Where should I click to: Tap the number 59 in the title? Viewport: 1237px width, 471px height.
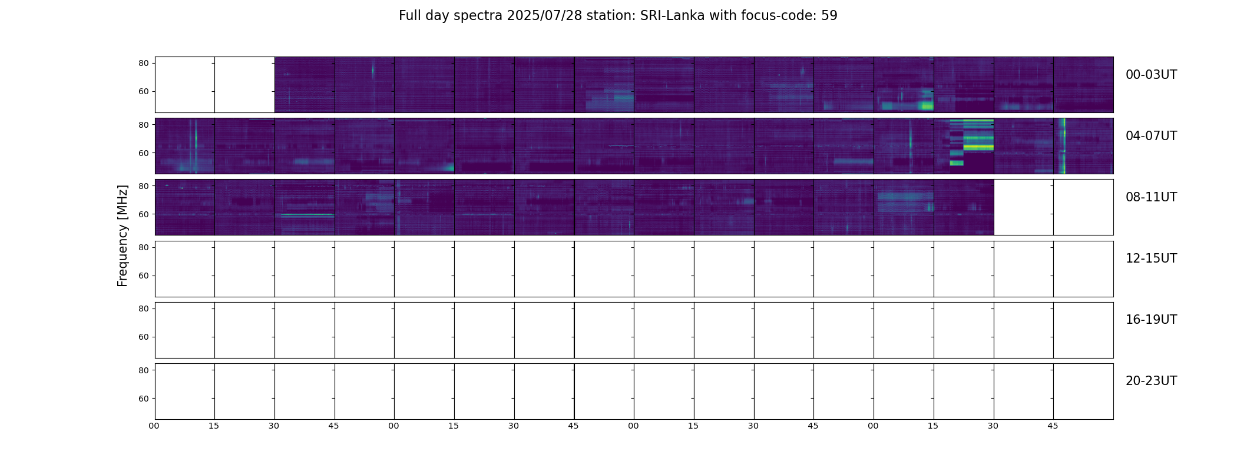[829, 16]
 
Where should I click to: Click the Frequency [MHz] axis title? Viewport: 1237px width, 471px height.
[123, 235]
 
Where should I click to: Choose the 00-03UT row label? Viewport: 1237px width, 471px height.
[1151, 75]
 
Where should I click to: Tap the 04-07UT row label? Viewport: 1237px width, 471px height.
[1151, 136]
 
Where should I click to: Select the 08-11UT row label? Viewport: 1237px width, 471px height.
[1151, 197]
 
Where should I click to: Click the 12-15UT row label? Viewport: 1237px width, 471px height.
[1151, 258]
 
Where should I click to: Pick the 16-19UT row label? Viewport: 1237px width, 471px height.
[1151, 320]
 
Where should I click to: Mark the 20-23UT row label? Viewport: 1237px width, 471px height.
[1151, 381]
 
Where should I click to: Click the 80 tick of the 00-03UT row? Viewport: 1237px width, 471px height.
[143, 63]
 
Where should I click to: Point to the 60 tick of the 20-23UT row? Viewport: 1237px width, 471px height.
[143, 399]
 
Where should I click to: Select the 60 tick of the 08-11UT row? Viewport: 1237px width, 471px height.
[143, 214]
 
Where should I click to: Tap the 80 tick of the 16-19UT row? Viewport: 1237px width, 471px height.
[143, 309]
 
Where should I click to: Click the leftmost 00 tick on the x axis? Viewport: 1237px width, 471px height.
[154, 426]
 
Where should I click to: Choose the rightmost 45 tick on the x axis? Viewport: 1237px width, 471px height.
[1053, 426]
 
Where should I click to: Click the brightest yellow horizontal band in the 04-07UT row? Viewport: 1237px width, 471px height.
[978, 147]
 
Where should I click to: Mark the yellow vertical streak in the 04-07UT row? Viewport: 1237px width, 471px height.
[1063, 146]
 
